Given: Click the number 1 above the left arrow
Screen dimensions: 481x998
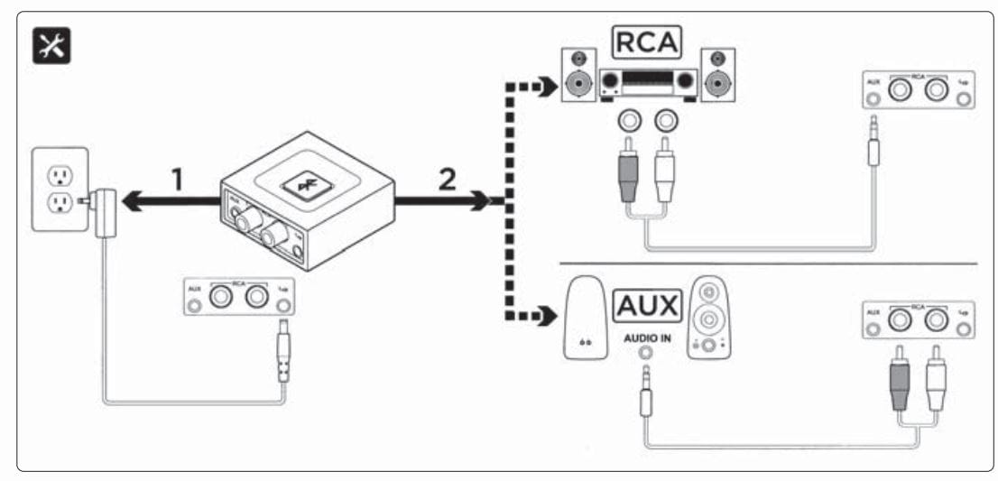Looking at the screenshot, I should pyautogui.click(x=178, y=181).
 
